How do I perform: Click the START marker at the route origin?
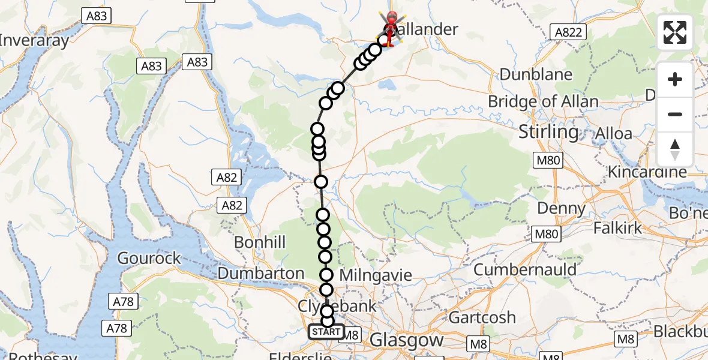(x=326, y=332)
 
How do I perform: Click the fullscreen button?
(x=675, y=32)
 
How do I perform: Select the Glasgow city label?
(x=406, y=340)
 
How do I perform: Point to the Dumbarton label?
(x=261, y=273)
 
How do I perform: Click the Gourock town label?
(x=149, y=258)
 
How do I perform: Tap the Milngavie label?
(x=376, y=275)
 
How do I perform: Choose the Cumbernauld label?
(x=525, y=269)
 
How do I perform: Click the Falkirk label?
(x=617, y=228)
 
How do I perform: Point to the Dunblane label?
(x=536, y=74)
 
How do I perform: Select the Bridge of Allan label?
(x=543, y=101)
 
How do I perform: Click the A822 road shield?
(x=568, y=32)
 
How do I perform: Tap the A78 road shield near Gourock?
(x=122, y=301)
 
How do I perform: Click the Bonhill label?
(x=260, y=242)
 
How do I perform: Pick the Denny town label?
(x=562, y=208)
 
